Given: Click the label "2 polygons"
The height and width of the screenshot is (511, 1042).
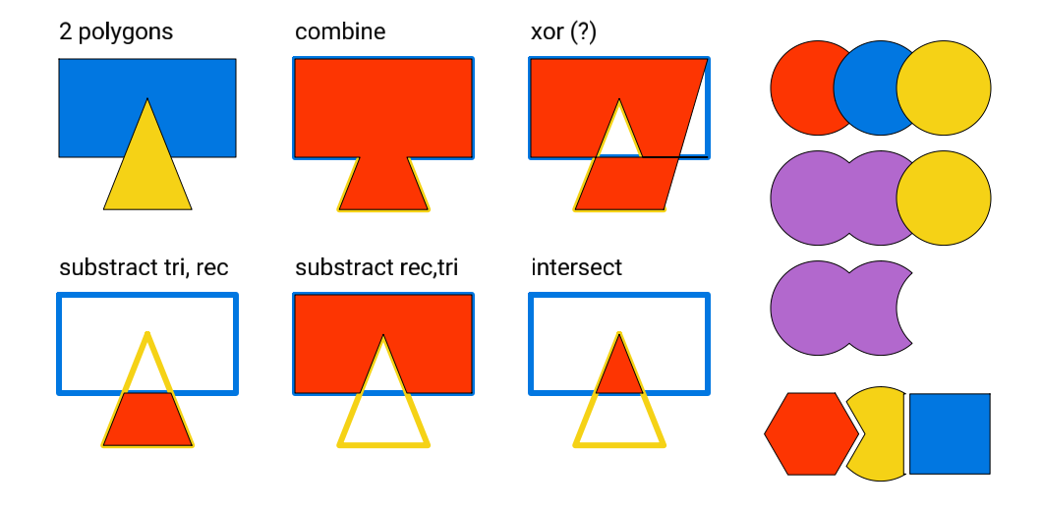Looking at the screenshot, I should [x=116, y=32].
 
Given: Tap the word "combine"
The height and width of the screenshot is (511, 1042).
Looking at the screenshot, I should [x=340, y=32].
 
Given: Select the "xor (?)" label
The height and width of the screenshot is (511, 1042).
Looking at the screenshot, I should [x=563, y=32].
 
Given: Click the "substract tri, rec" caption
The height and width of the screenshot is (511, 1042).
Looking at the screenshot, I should [x=144, y=267].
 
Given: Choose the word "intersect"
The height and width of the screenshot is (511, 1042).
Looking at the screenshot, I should [x=576, y=267].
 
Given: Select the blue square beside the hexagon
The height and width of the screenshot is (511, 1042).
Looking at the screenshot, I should [x=950, y=433].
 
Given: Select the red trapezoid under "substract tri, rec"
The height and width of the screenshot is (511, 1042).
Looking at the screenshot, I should [x=147, y=420].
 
